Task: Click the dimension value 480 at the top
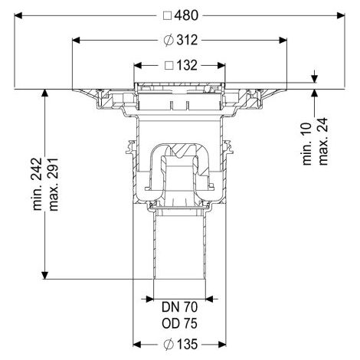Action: pos(186,15)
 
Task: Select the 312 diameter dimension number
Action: pos(187,40)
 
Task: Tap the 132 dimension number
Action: pos(187,65)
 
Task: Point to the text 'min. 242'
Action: pos(38,184)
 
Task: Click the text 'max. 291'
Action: pos(54,185)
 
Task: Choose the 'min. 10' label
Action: pos(307,144)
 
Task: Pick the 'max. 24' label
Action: pos(323,141)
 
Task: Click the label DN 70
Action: pos(179,307)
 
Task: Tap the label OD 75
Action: pos(179,323)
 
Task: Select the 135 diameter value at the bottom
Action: pos(187,344)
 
